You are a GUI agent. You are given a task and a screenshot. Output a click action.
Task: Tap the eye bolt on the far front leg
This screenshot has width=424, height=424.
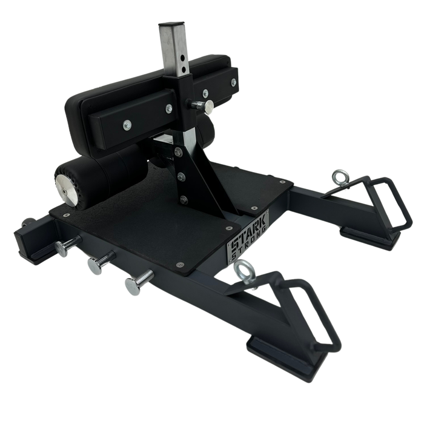(340, 177)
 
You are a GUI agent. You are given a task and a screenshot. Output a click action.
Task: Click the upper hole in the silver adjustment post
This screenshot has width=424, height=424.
(184, 58)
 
